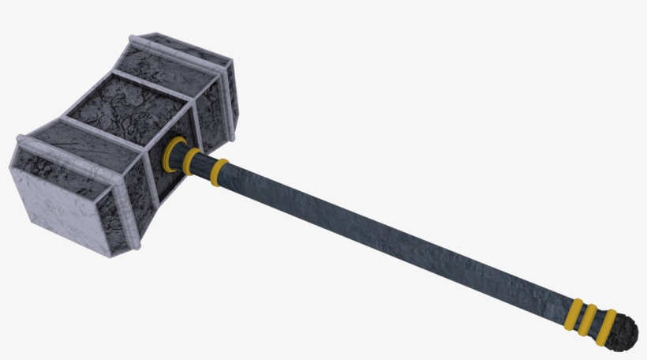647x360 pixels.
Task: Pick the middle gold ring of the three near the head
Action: tap(193, 162)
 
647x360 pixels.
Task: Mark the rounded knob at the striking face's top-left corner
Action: tap(21, 143)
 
